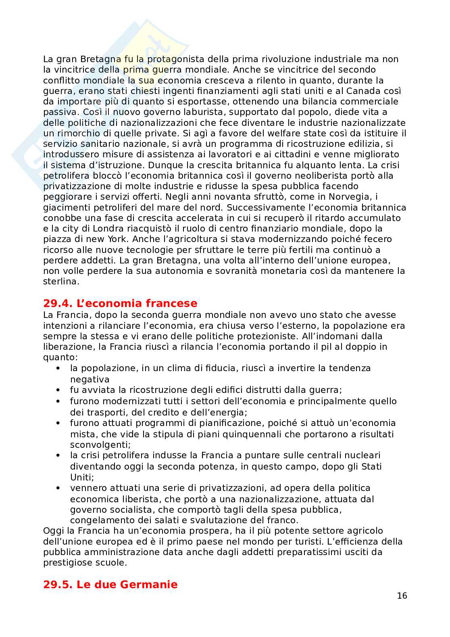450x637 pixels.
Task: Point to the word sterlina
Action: [61, 282]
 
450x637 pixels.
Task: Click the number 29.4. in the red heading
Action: [58, 303]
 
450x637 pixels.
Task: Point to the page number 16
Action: [402, 596]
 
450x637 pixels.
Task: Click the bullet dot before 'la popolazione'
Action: [59, 368]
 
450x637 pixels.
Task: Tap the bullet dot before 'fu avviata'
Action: [59, 390]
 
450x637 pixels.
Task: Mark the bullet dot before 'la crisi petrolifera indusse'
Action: [59, 455]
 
